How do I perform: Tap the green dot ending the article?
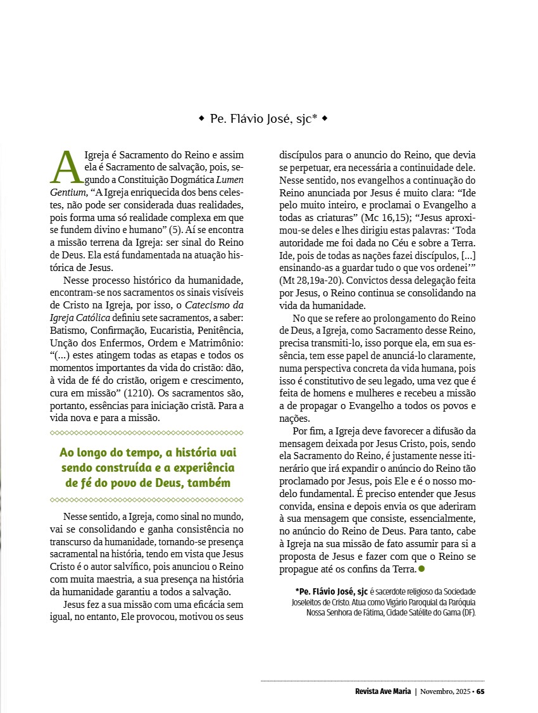pyautogui.click(x=422, y=570)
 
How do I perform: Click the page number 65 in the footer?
pyautogui.click(x=480, y=691)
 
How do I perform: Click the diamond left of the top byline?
pyautogui.click(x=201, y=118)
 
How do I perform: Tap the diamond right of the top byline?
pyautogui.click(x=325, y=118)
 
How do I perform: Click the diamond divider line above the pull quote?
pyautogui.click(x=146, y=433)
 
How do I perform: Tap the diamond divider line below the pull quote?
pyautogui.click(x=146, y=500)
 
